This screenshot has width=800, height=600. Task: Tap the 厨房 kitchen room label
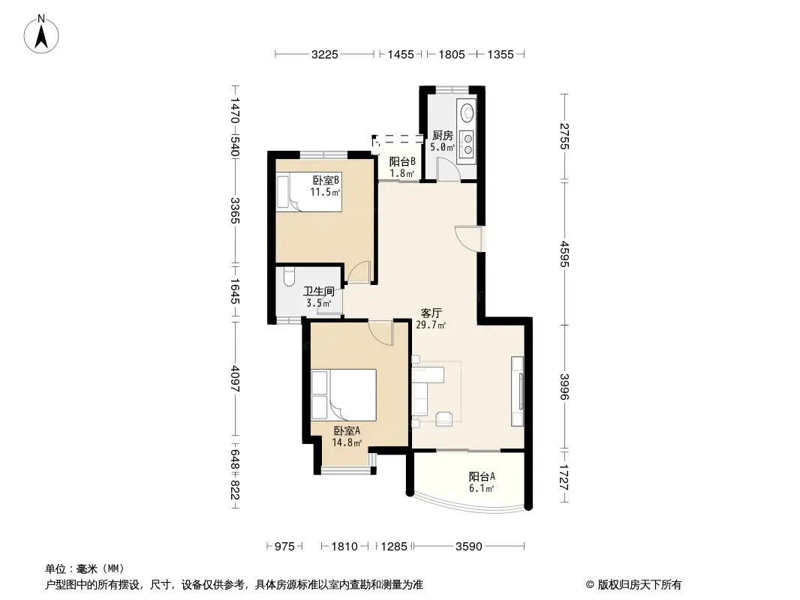(x=443, y=136)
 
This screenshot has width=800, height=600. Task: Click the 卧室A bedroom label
(x=347, y=430)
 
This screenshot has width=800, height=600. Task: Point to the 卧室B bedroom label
(x=326, y=180)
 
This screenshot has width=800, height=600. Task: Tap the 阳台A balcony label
(x=482, y=476)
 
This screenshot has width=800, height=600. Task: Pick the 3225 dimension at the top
(x=326, y=54)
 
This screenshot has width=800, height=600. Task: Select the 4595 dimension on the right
(x=564, y=252)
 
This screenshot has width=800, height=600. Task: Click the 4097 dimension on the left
(x=235, y=379)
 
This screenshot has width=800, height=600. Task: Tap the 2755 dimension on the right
(x=564, y=136)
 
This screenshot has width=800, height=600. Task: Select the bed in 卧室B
(x=308, y=192)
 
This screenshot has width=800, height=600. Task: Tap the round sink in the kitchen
(x=468, y=112)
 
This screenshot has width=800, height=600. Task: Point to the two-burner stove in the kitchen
(x=467, y=142)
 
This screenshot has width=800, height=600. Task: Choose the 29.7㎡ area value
(x=431, y=325)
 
